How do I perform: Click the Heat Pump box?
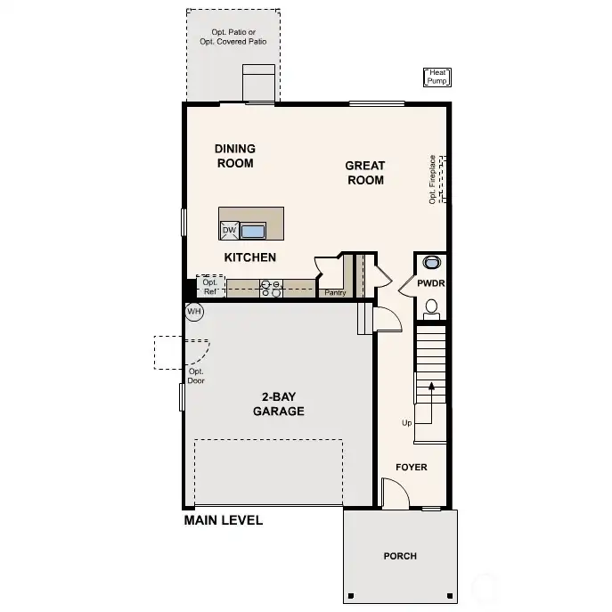[437, 77]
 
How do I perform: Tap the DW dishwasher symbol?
[229, 231]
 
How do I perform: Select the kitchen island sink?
[253, 232]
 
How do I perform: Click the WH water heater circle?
[194, 312]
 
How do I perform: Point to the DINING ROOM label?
[235, 156]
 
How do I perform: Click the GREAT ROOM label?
[365, 173]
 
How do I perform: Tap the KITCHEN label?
[249, 257]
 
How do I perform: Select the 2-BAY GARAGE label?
[278, 404]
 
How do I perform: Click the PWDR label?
[431, 283]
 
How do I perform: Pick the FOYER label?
[411, 467]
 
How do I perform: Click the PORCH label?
[400, 556]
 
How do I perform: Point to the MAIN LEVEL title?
[223, 520]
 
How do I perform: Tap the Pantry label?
[335, 292]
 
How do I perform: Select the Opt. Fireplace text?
[432, 179]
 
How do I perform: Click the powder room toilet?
[431, 308]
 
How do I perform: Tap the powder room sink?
[431, 263]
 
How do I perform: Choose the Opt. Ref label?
[210, 287]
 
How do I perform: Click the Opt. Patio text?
[233, 37]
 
